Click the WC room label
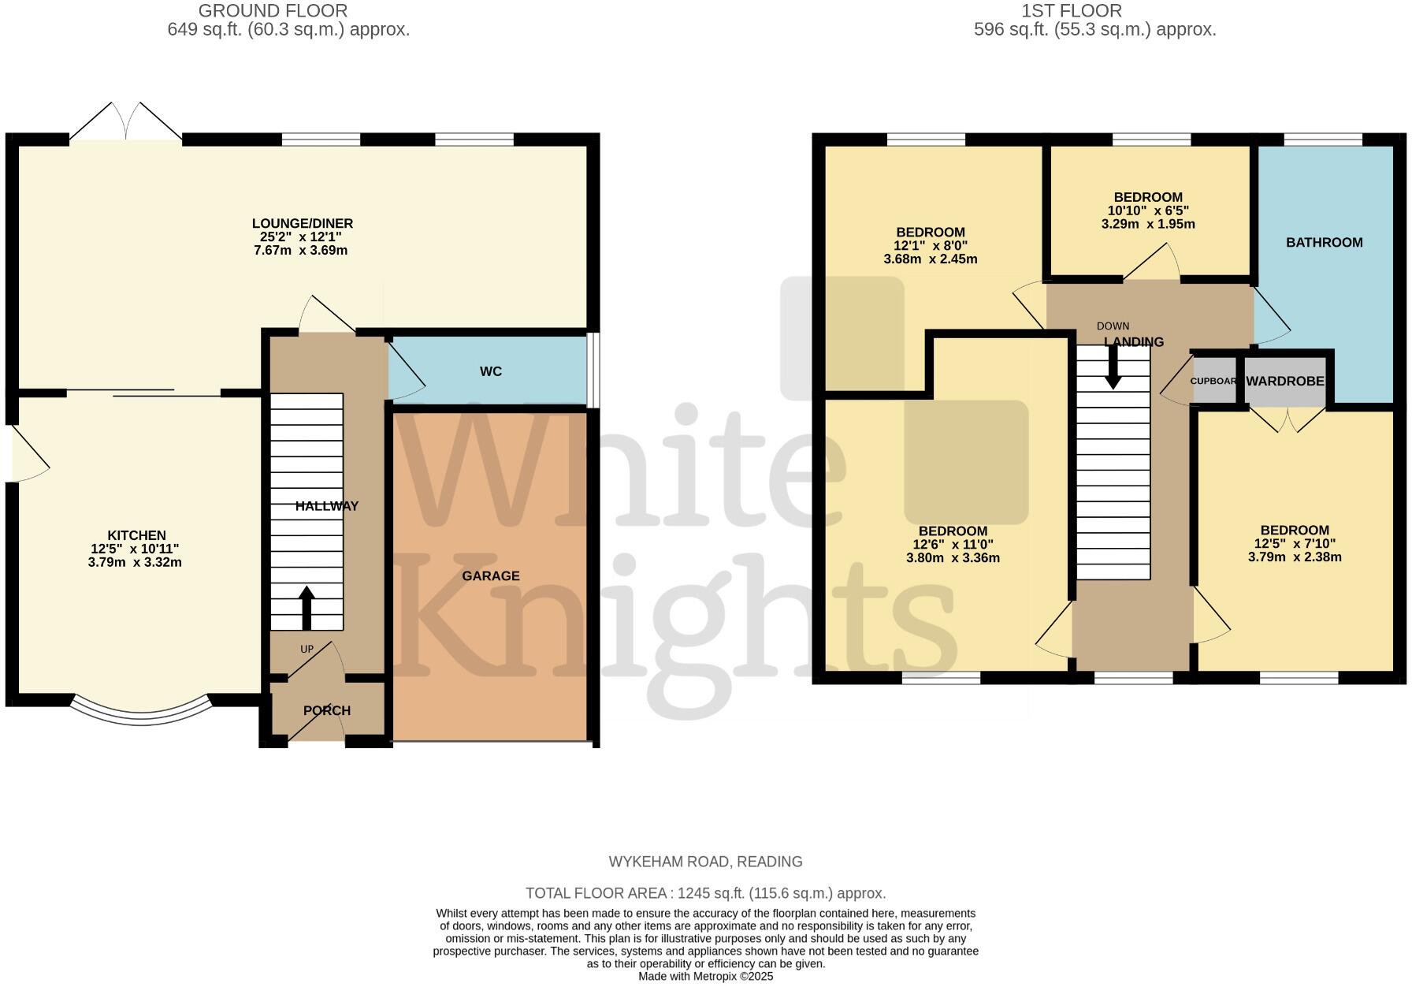pyautogui.click(x=490, y=371)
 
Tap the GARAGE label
pyautogui.click(x=490, y=576)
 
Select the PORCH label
pyautogui.click(x=327, y=710)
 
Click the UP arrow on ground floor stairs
pyautogui.click(x=307, y=608)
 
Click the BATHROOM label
pyautogui.click(x=1324, y=243)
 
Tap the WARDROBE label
pyautogui.click(x=1284, y=382)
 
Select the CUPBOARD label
pyautogui.click(x=1213, y=382)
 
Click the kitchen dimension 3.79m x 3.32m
pyautogui.click(x=135, y=563)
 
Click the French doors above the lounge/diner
pyautogui.click(x=126, y=122)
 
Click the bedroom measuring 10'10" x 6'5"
pyautogui.click(x=1147, y=210)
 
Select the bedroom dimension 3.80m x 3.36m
pyautogui.click(x=952, y=558)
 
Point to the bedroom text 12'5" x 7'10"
pyautogui.click(x=1294, y=543)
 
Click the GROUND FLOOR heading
pyautogui.click(x=273, y=11)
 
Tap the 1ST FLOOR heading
pyautogui.click(x=1071, y=11)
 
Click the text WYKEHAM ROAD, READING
pyautogui.click(x=705, y=862)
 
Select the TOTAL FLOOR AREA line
pyautogui.click(x=705, y=893)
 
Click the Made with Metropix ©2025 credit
pyautogui.click(x=705, y=976)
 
